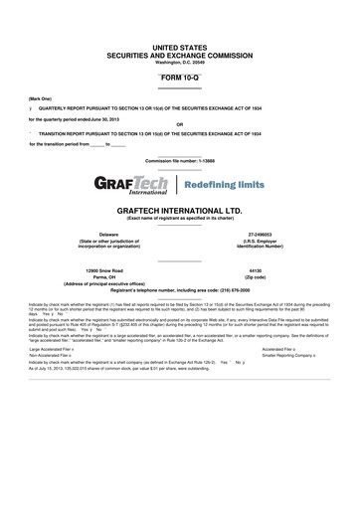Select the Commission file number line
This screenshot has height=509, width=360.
179,160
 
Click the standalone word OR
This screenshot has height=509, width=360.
179,124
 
